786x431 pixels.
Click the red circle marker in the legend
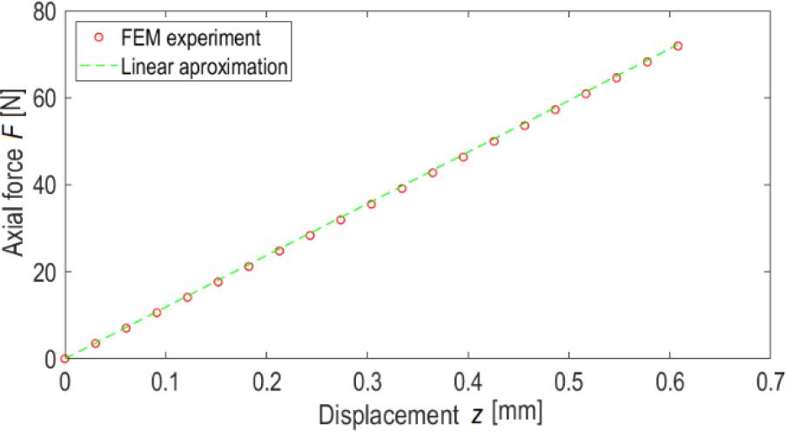point(98,37)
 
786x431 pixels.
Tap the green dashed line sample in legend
point(97,65)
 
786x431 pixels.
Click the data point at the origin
point(65,358)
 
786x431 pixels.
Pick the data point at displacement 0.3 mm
point(372,204)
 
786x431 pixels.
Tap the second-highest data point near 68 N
point(648,62)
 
